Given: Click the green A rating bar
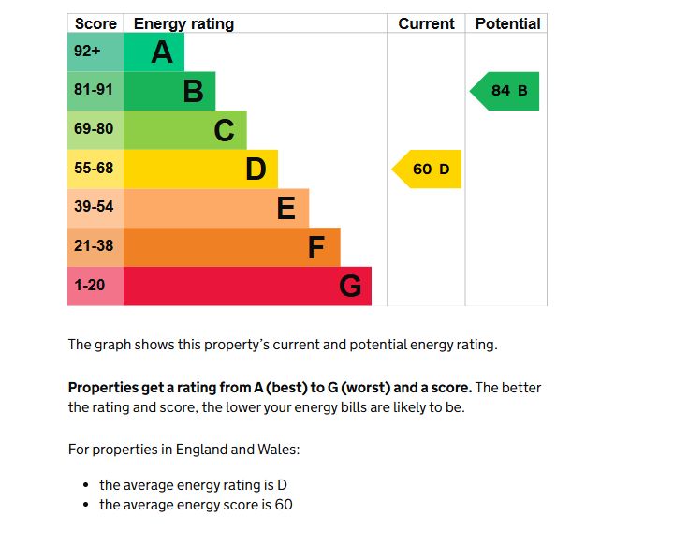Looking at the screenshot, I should pos(154,52).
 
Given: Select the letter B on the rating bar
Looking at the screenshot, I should pos(193,92).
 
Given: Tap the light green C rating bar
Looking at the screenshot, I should pos(185,130).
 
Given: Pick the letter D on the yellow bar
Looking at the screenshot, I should pos(256,170).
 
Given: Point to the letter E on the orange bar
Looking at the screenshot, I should pos(286,208).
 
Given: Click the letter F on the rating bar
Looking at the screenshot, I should pos(316,247).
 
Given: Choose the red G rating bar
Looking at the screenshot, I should pos(247,286).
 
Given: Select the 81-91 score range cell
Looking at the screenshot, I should pos(95,92).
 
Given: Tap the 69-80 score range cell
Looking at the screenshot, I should pos(95,130).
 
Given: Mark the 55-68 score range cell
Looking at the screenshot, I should pos(95,170).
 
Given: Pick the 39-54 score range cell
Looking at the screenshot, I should pos(95,208).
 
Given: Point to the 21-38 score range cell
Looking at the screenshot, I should pos(95,247).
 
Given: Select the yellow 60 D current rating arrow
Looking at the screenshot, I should pos(428,170).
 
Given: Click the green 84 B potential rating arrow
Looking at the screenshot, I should pos(506,91).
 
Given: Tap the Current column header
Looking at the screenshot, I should pos(426,24).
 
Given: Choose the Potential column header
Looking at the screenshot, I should pos(507,24).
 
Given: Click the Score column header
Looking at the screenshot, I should pos(95,24).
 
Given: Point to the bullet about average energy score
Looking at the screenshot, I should pos(196,505).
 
